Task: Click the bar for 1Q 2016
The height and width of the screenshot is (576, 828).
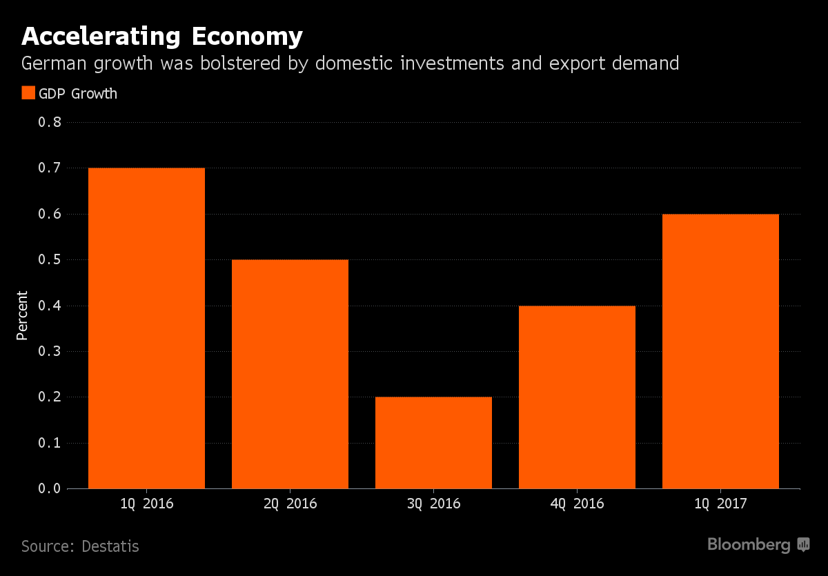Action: tap(146, 328)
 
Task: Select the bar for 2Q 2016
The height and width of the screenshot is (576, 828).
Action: tap(290, 374)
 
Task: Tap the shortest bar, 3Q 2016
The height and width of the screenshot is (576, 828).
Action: tap(433, 443)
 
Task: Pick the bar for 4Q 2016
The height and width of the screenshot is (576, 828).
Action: tap(577, 397)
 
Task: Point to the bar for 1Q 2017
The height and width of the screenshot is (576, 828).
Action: tap(720, 351)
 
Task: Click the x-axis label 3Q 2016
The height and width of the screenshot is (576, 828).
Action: tap(433, 504)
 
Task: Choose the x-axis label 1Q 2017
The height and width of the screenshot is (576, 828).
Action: tap(720, 504)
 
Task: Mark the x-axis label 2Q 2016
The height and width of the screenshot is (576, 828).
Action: tap(290, 504)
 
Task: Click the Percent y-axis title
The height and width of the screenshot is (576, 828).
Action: tap(22, 315)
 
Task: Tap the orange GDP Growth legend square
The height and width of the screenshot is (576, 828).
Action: tap(28, 93)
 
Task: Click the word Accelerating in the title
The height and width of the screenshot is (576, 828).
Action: tap(97, 36)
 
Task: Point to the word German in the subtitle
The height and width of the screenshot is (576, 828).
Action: tap(56, 64)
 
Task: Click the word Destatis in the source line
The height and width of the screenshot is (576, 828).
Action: tap(110, 547)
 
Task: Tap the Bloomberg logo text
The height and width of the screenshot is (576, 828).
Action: tap(749, 545)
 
